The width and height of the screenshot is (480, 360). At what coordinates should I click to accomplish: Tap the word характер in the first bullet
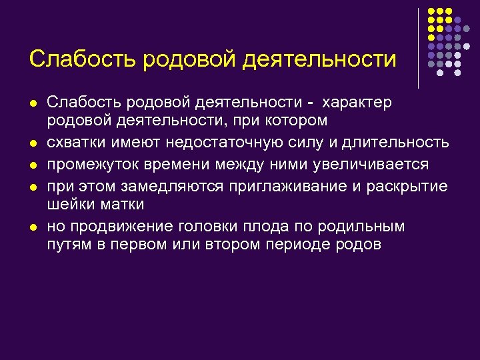pyautogui.click(x=357, y=103)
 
